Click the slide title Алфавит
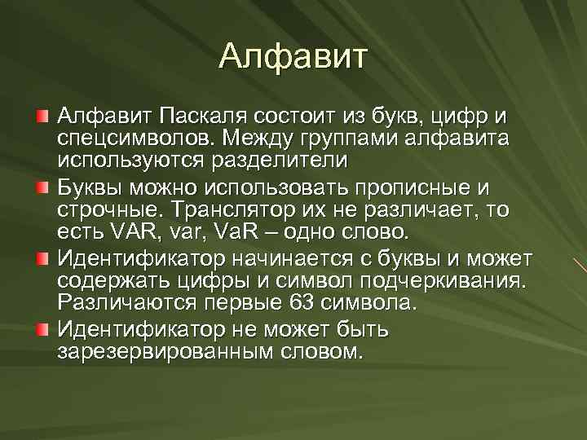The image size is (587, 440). click(293, 57)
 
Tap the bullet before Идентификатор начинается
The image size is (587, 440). click(42, 259)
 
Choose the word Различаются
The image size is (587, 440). click(114, 302)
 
